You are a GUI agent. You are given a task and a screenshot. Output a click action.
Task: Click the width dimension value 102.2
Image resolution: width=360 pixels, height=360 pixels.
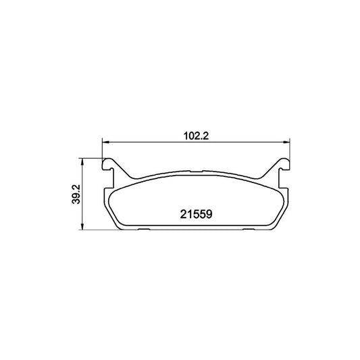pos(196,136)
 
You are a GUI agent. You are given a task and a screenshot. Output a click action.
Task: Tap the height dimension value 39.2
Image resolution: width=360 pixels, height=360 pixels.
pos(76,194)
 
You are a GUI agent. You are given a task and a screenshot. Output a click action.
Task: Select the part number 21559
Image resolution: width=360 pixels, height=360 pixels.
pos(196,214)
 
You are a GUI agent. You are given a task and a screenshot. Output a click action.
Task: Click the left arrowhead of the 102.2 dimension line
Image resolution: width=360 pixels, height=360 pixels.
pos(105,143)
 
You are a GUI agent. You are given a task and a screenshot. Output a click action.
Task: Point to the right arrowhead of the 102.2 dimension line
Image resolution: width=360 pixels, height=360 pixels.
pos(286,143)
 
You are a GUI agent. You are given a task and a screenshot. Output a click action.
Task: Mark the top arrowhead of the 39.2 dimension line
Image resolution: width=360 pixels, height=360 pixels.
pos(82,161)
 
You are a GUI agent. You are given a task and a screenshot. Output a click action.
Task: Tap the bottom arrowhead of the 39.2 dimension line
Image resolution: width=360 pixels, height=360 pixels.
pos(82,226)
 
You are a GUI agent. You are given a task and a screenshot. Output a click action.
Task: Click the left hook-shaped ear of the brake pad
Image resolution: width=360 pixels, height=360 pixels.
pos(109,165)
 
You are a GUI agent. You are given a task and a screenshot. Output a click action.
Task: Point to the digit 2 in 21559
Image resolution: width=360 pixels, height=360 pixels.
pos(183,214)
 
